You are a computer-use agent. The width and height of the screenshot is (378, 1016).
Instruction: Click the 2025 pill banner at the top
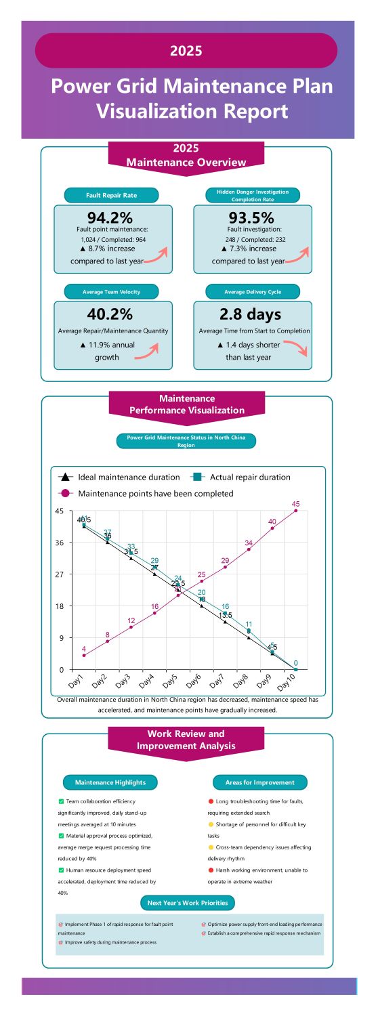pos(186,51)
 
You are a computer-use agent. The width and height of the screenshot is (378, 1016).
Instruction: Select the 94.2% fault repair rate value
pos(109,217)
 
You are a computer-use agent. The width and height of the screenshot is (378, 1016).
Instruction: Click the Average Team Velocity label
pos(111,292)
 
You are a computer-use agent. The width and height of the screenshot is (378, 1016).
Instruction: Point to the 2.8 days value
pos(250,314)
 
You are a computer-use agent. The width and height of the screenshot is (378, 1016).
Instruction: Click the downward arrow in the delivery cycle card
pos(295,349)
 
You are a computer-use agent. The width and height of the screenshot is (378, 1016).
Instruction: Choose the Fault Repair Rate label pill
pos(111,195)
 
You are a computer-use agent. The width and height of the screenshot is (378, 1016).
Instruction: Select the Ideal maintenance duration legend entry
pos(122,477)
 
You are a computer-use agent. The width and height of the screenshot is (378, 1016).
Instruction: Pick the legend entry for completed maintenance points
pos(149,493)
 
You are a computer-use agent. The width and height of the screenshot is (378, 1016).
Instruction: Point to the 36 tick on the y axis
pos(60,543)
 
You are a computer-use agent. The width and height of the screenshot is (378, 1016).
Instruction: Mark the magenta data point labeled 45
pos(295,511)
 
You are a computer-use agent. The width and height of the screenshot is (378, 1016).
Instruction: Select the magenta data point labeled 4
pos(84,655)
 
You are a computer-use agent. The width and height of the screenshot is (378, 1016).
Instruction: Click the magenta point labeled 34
pos(249,549)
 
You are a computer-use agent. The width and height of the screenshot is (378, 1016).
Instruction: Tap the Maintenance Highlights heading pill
pos(110,782)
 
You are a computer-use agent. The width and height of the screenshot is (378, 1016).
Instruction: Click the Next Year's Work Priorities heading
pos(188,903)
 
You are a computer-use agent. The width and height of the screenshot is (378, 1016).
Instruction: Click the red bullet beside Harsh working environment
pos(211,870)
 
